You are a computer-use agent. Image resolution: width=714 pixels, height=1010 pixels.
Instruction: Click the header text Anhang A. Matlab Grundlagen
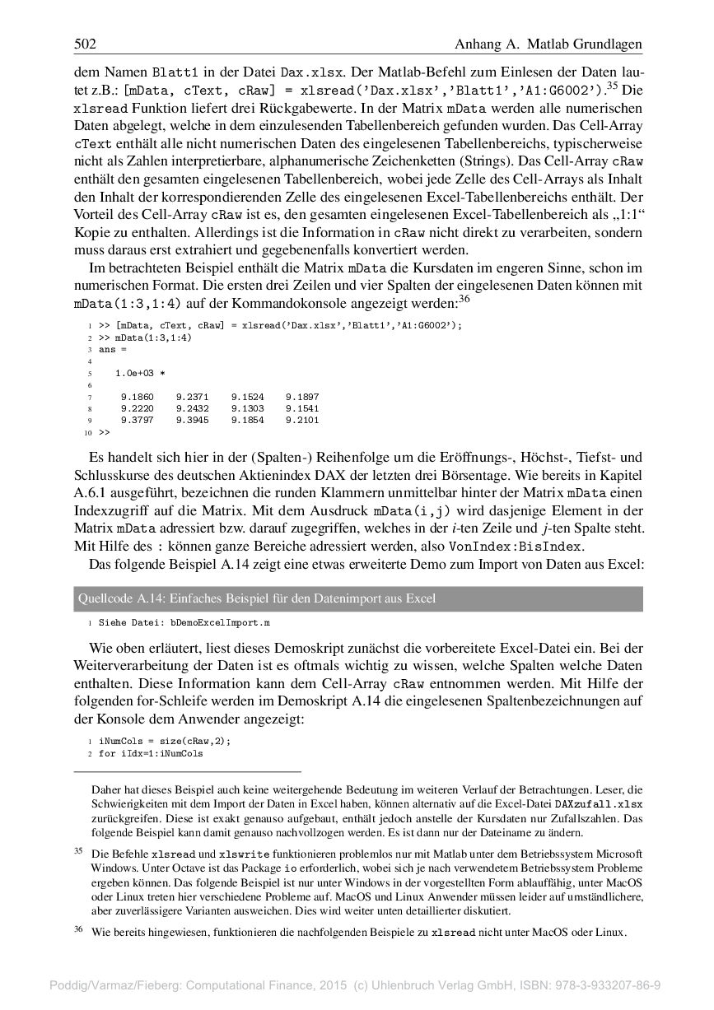548,44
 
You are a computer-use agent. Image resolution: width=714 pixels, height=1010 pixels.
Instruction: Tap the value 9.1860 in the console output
137,397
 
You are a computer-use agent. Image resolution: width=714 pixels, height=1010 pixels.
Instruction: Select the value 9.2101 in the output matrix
302,420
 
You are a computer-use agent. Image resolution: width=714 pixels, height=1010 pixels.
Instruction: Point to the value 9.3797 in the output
137,420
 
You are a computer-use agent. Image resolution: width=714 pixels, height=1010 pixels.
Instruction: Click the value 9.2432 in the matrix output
192,408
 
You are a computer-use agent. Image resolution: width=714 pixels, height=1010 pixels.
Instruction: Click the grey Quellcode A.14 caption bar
357,598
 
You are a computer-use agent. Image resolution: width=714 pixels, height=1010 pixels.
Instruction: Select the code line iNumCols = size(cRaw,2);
165,741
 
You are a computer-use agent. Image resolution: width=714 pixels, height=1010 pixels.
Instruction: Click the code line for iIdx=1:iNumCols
151,753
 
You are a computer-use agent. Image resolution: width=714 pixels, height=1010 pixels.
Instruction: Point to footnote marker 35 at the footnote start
79,851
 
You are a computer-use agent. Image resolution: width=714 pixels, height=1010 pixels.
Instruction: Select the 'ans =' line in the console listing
108,349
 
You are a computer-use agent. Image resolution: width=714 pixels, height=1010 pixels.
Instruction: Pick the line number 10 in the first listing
86,431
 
